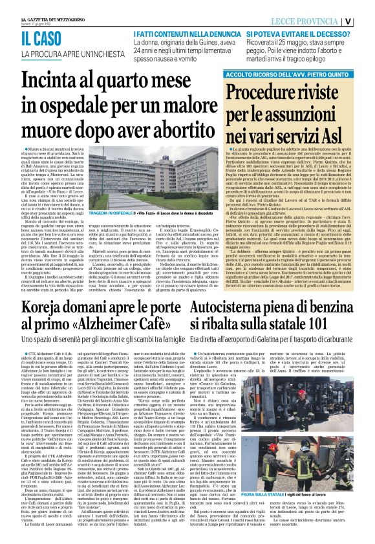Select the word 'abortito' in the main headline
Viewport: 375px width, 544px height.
click(165, 131)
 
